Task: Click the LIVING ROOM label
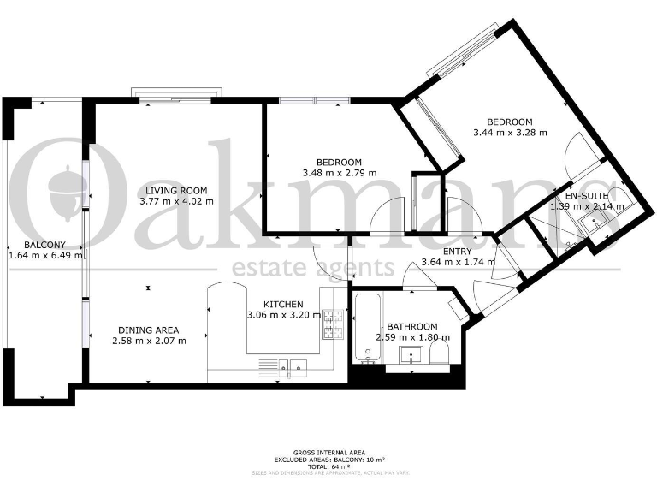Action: tap(175, 190)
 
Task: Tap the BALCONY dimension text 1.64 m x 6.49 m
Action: tap(45, 255)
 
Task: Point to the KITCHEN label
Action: tap(282, 304)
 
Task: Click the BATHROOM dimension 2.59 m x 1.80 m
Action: tap(412, 337)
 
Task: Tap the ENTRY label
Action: tap(458, 251)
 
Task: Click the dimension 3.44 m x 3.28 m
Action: tap(510, 133)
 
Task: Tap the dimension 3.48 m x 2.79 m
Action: tap(339, 173)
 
